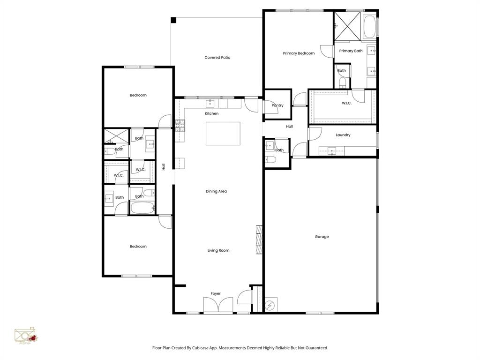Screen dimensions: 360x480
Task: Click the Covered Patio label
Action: [x=217, y=58]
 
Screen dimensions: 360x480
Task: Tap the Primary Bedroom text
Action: [x=299, y=53]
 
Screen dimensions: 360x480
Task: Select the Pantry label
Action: [x=277, y=105]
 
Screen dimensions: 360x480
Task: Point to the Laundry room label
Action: [x=343, y=135]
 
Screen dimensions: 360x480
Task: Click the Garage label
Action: [x=322, y=237]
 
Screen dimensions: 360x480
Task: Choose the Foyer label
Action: [x=215, y=294]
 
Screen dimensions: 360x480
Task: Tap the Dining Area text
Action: [x=216, y=191]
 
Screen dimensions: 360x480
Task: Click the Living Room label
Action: [x=218, y=250]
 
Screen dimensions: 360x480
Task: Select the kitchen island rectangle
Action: [x=223, y=134]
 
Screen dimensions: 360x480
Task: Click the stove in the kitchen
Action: [x=180, y=125]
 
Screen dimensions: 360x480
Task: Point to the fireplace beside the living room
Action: [x=259, y=239]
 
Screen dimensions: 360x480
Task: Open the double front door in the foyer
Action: [x=218, y=306]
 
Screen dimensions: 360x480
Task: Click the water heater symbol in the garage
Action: [x=271, y=305]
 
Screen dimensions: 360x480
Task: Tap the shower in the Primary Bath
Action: [x=347, y=26]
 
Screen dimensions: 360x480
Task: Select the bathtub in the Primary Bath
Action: [x=369, y=27]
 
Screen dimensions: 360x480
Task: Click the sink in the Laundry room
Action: [x=331, y=150]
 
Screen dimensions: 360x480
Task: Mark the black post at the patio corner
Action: [x=173, y=20]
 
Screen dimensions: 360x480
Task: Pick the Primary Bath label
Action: [x=351, y=51]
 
